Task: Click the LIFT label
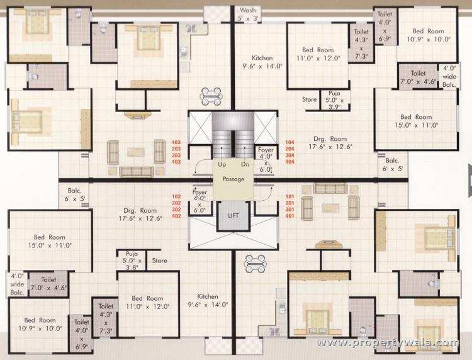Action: [x=233, y=215]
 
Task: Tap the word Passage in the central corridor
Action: [x=233, y=179]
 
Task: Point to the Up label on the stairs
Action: [x=222, y=164]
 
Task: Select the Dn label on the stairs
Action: [x=245, y=164]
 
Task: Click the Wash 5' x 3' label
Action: [x=248, y=14]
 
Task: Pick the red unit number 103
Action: [x=176, y=142]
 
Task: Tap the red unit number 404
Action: [x=289, y=162]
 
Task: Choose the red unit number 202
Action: [x=176, y=203]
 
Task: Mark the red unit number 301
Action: [x=289, y=210]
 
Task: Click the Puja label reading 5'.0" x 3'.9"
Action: [x=334, y=100]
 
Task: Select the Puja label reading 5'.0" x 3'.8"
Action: [x=132, y=261]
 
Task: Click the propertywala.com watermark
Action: [x=388, y=343]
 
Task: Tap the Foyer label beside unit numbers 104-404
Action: [x=266, y=159]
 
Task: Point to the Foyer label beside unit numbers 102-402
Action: [x=199, y=201]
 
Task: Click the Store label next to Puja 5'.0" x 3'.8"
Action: [x=160, y=261]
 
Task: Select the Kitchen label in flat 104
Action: [x=262, y=62]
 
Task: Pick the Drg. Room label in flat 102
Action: [x=140, y=214]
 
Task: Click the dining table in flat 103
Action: [x=211, y=97]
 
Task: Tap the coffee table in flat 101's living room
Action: [x=330, y=208]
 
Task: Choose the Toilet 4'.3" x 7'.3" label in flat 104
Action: [x=361, y=43]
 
